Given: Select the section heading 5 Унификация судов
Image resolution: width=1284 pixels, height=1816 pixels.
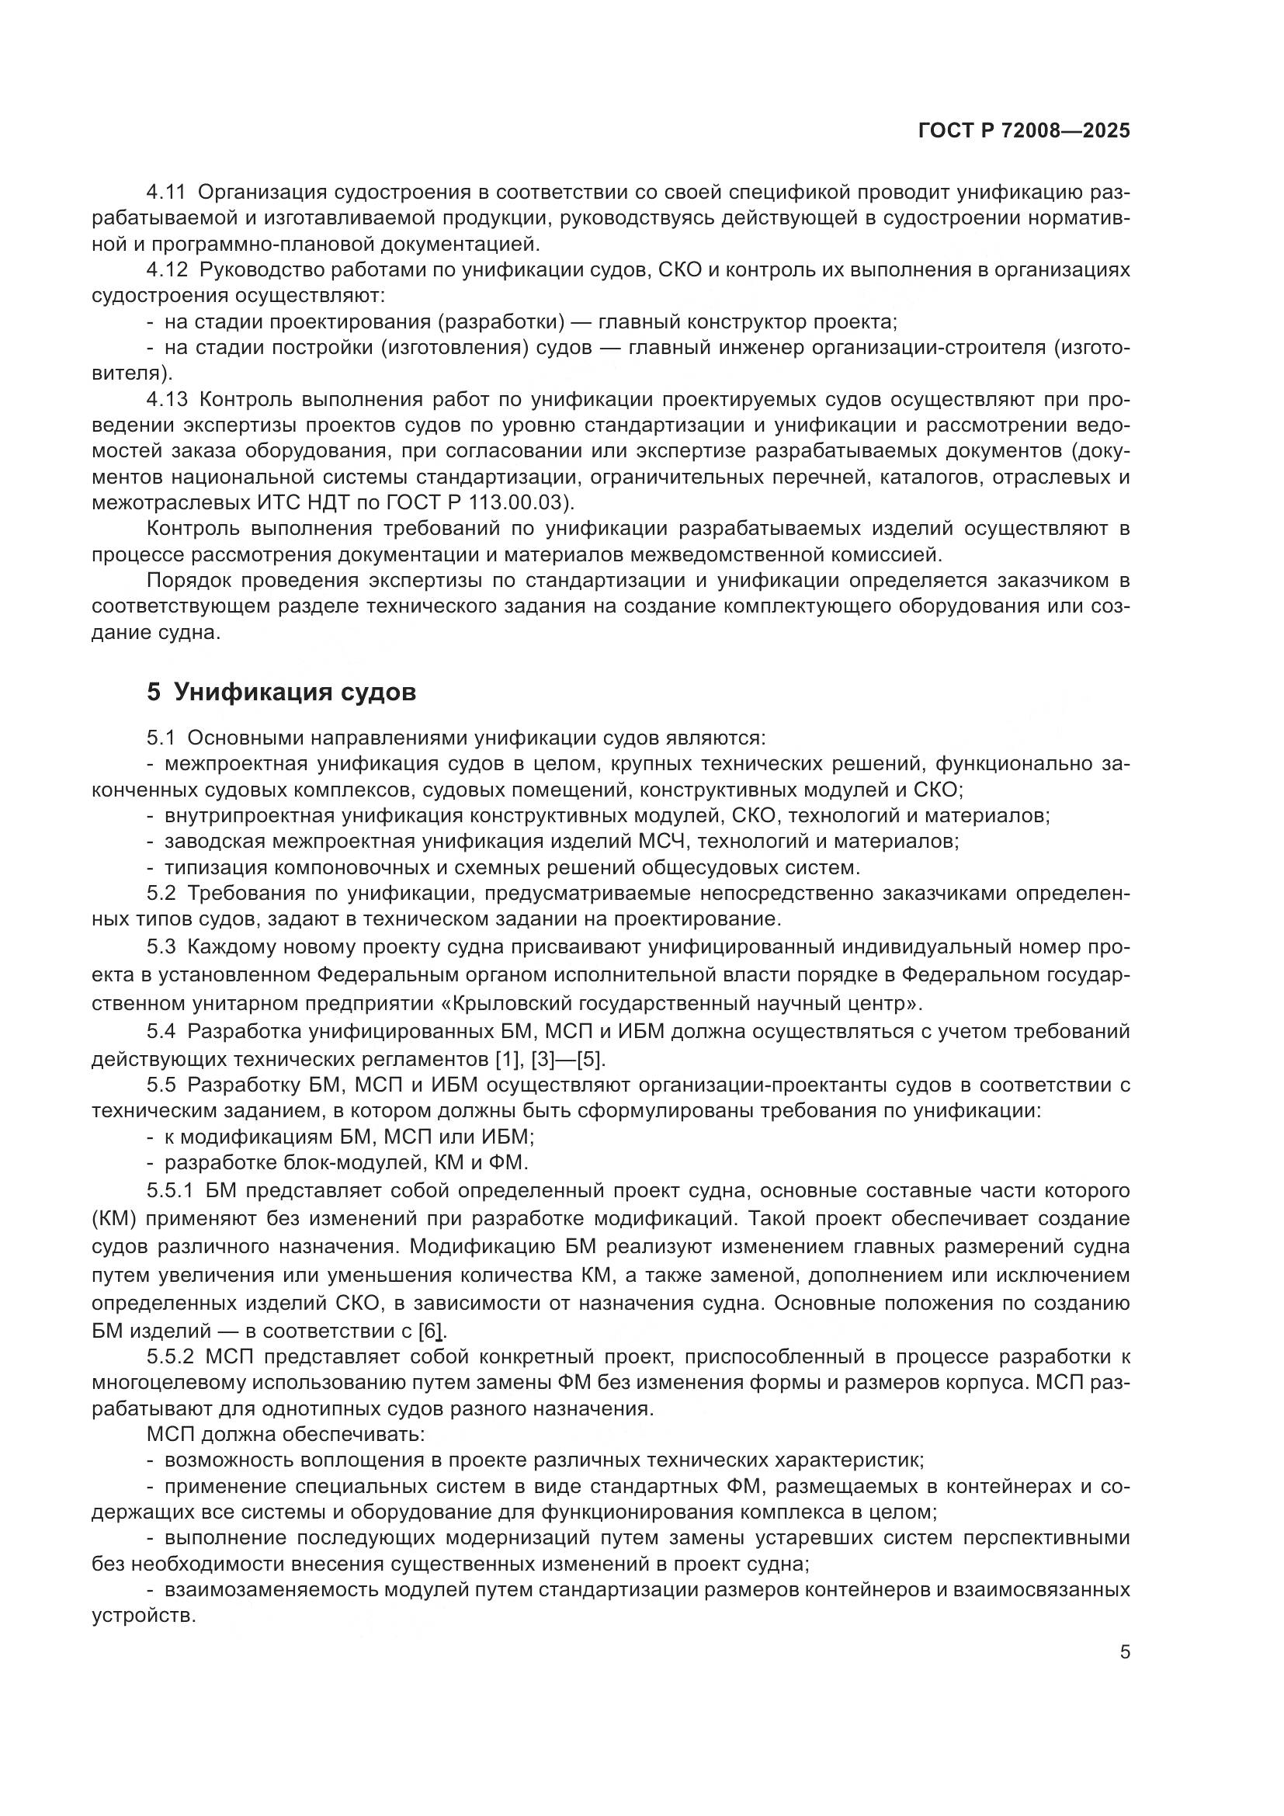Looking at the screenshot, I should [281, 692].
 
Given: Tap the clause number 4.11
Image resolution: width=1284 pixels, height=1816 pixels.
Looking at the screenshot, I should [167, 193].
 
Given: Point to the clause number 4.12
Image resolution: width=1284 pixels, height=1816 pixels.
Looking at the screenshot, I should [167, 270].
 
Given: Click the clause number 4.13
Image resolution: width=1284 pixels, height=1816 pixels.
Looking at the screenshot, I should [167, 399].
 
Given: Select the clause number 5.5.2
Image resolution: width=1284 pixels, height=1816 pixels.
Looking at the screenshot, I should [171, 1357].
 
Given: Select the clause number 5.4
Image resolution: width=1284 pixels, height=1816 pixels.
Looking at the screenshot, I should [161, 1031].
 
